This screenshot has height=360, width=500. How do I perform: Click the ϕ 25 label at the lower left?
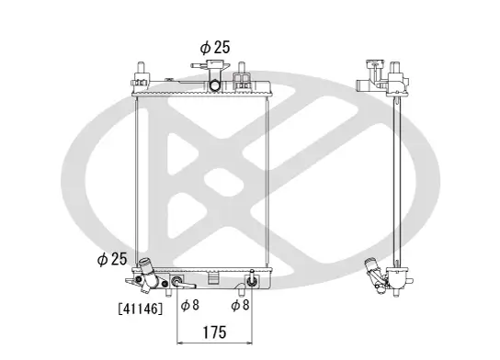[111, 261]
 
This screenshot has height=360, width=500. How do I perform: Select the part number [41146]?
[141, 309]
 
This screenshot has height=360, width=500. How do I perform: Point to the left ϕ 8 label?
[189, 305]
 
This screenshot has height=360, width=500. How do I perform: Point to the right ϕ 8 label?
[241, 305]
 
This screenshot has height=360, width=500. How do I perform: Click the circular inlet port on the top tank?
[214, 86]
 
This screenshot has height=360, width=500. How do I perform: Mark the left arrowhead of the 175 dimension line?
[180, 342]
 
